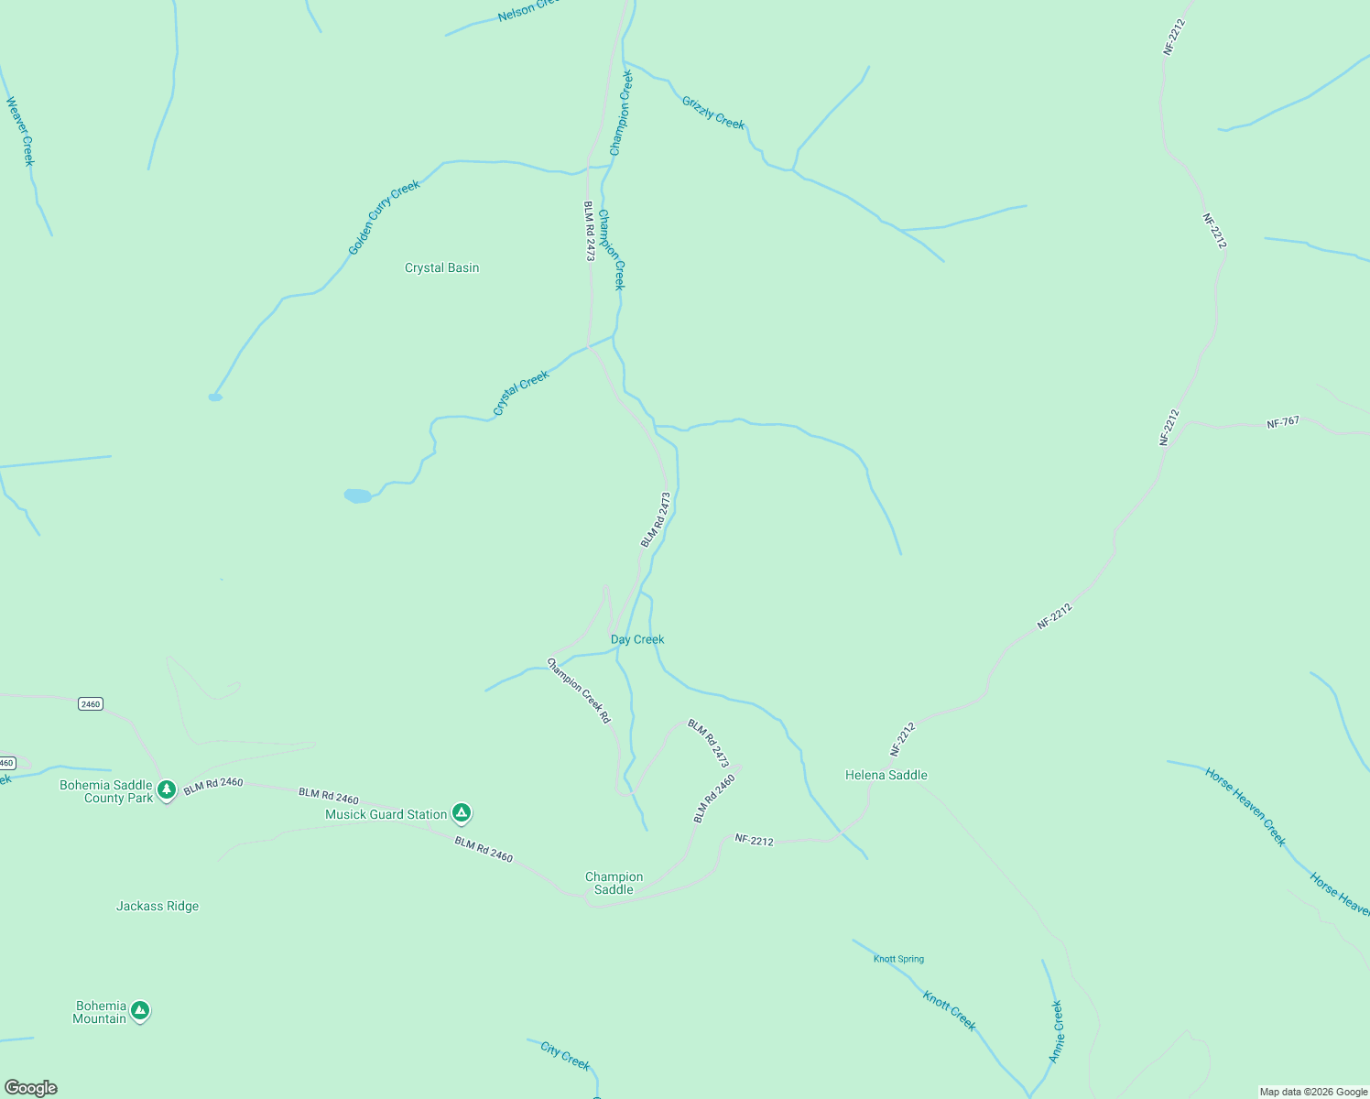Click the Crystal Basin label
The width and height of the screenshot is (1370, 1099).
click(441, 268)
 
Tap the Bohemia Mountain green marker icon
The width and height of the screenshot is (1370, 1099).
click(139, 1011)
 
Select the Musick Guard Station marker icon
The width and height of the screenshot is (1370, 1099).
click(462, 812)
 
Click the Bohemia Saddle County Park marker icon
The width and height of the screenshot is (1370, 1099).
click(166, 789)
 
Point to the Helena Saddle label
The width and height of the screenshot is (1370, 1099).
click(886, 776)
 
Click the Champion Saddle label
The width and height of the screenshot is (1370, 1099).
click(614, 883)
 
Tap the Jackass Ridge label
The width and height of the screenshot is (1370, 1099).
click(158, 907)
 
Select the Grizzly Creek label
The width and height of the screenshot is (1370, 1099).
click(713, 113)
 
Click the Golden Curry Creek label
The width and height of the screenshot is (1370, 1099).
click(384, 218)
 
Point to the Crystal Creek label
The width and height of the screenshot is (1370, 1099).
click(521, 393)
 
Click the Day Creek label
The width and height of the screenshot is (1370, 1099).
click(637, 639)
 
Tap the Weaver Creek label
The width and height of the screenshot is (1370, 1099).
click(20, 131)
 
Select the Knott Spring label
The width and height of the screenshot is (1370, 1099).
click(898, 959)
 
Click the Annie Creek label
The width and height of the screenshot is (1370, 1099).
click(1056, 1032)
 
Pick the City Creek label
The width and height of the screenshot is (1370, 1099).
click(565, 1055)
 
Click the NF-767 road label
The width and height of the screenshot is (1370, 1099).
click(1283, 423)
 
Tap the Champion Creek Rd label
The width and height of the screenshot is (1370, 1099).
click(579, 691)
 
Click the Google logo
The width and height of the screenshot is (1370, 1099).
click(30, 1088)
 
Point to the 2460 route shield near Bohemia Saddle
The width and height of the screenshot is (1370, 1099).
click(90, 704)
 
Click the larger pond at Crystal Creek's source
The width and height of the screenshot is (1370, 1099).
click(357, 495)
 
